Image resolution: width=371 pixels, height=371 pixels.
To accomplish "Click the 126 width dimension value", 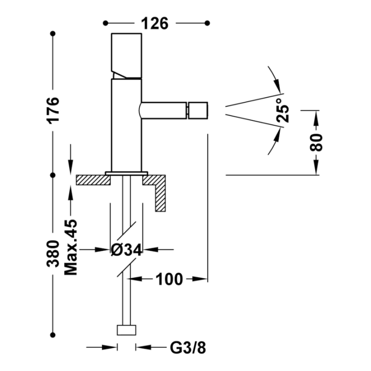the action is coord(155,23).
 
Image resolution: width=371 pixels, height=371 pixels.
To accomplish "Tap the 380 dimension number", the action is coord(53,254).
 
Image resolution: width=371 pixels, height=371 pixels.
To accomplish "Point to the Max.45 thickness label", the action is coord(71,247).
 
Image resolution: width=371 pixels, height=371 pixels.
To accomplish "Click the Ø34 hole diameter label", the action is coord(127,249).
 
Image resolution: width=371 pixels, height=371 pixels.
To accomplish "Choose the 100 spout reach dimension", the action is coord(170,279).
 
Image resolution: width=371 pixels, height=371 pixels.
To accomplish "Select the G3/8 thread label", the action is coord(188,348).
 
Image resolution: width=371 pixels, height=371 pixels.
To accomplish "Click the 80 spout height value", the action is coord(316,142).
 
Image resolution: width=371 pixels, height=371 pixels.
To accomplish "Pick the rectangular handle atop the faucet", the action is coord(127,56).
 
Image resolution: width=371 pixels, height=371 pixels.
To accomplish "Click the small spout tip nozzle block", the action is coord(198,110).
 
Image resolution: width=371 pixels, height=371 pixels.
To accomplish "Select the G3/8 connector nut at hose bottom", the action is coord(127,330).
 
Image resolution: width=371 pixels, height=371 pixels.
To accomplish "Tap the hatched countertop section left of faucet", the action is coord(93,180).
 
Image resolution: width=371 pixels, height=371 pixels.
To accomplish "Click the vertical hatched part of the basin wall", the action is coord(160,198).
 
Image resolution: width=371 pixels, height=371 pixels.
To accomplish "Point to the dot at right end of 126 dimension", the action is coord(207,23).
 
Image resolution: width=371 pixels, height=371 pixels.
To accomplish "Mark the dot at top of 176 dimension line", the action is coord(53,33).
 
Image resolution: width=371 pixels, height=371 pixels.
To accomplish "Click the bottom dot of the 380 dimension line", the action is coord(53,335).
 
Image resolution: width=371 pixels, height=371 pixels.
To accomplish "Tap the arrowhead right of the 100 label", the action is coord(200,279).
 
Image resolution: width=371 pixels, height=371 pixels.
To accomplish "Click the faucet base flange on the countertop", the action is coord(127,174).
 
